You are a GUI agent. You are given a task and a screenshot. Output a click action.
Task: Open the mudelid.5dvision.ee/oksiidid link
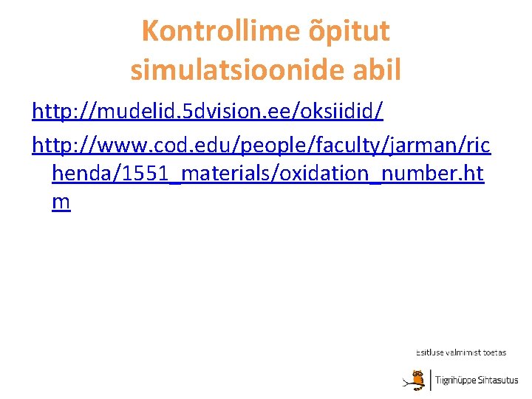[208, 112]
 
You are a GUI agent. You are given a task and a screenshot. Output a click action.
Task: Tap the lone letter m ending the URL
[61, 203]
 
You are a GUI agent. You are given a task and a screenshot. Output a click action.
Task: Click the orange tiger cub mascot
[417, 379]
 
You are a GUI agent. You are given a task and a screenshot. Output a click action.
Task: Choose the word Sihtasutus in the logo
[499, 381]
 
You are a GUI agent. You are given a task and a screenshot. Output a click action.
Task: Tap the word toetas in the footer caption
[495, 352]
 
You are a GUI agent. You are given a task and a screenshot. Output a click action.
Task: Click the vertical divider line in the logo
[430, 380]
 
